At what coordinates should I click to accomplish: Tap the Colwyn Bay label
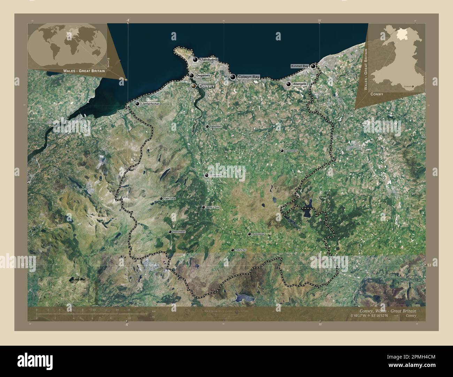click(248, 77)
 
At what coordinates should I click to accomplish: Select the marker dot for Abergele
click(289, 84)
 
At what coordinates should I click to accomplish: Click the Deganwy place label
click(203, 75)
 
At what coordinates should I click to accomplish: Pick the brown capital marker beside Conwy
click(193, 86)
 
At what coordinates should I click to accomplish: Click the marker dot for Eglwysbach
click(207, 127)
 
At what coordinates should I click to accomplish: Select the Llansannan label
click(290, 151)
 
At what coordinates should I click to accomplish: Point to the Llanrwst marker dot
click(207, 176)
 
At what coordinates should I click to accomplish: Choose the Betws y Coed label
click(213, 207)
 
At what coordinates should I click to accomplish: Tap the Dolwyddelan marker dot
click(170, 232)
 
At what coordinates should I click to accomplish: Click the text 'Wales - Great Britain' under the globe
click(84, 71)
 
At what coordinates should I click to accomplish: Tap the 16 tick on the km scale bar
click(129, 310)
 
